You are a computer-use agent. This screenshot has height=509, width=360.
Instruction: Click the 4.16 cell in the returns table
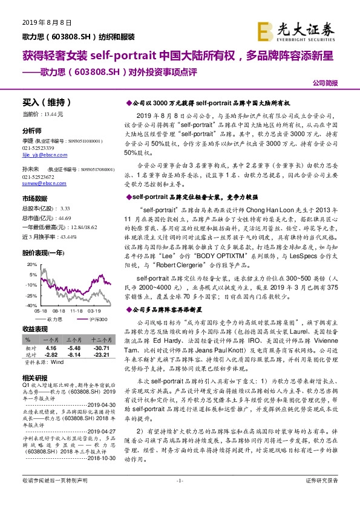click(x=51, y=349)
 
